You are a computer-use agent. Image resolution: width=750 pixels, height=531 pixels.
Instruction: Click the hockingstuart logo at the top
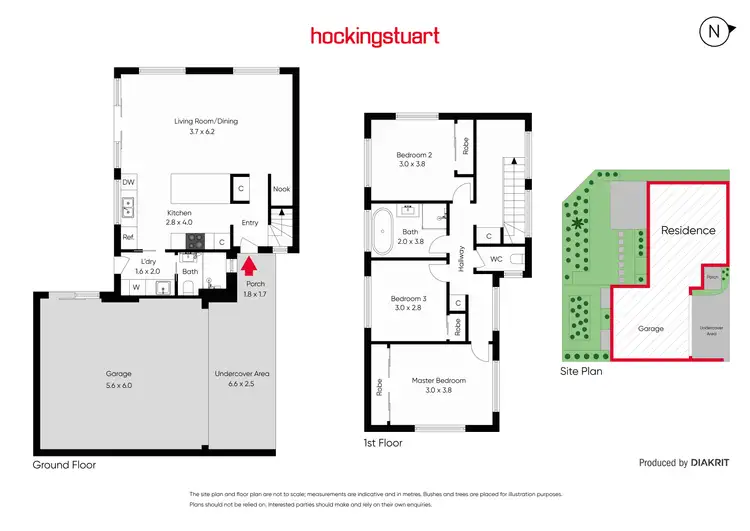point(374,37)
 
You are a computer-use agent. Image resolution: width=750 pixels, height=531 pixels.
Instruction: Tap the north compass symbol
point(714,32)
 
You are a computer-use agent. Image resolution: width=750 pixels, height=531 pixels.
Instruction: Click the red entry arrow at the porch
point(249,266)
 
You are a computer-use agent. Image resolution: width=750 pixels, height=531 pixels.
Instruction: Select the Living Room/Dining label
point(206,126)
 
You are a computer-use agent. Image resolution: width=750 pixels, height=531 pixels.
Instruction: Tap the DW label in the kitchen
point(128,183)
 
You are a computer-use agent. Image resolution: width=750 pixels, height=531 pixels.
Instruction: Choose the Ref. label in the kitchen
point(128,237)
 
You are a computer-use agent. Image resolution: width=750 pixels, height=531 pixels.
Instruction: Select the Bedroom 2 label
point(413,160)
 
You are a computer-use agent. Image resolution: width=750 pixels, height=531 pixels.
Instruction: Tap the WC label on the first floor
point(495,259)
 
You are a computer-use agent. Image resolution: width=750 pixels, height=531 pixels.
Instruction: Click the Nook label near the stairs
point(282,188)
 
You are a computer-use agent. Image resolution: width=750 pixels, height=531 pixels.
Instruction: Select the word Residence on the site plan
point(688,230)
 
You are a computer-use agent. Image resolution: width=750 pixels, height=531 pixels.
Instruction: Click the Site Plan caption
point(581,370)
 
